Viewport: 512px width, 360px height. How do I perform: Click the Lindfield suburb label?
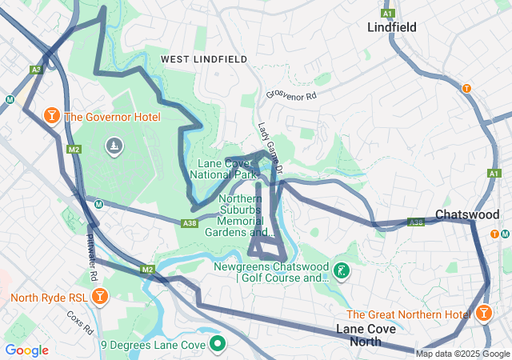tap(391, 27)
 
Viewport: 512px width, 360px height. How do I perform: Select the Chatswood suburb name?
tap(467, 214)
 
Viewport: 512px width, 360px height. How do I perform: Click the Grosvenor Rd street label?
tap(292, 95)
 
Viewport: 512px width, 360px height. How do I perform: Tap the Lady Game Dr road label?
tap(271, 148)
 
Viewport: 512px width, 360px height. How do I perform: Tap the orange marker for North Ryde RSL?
tap(99, 298)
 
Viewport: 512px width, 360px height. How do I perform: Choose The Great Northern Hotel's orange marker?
tap(485, 314)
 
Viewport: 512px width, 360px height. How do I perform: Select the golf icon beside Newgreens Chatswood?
tap(342, 271)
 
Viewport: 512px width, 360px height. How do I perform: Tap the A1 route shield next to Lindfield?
tap(388, 14)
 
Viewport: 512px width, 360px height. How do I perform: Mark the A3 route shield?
tap(36, 70)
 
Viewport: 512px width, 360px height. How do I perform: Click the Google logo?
tap(27, 350)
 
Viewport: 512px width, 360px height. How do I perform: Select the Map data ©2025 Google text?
tap(462, 354)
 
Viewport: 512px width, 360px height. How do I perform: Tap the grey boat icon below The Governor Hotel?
tap(114, 146)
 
